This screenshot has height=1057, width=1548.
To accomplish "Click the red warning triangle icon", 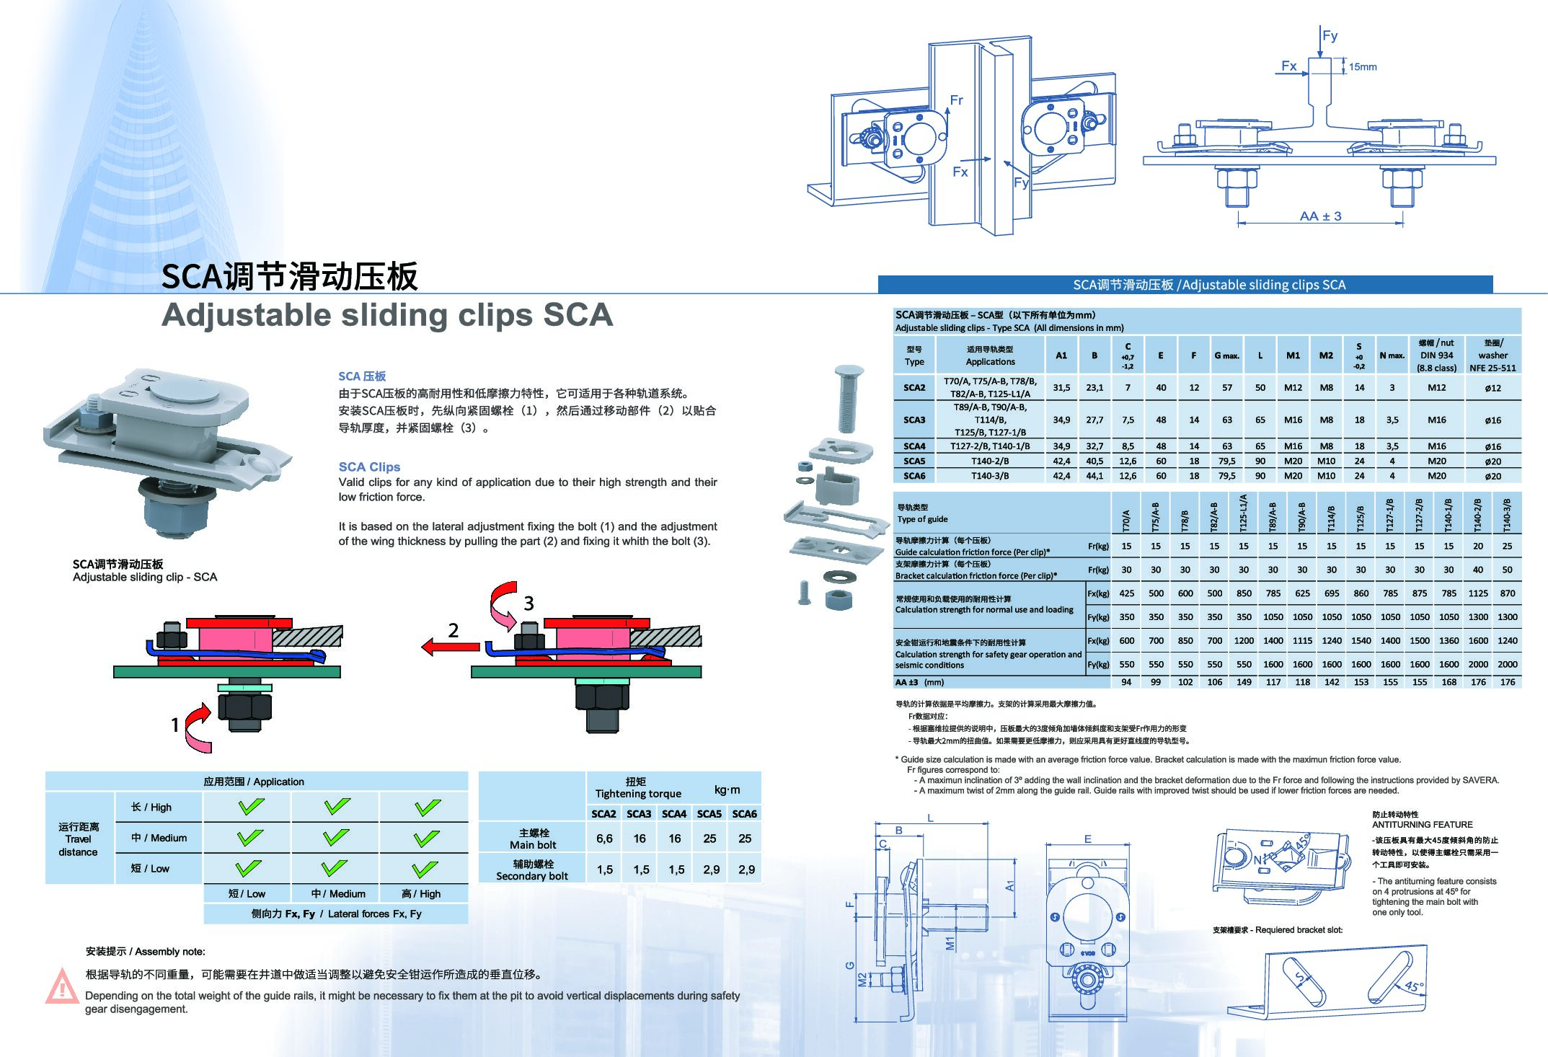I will [x=62, y=986].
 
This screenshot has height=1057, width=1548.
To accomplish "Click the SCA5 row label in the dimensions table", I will [x=914, y=461].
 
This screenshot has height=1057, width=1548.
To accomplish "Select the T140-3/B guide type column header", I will [x=1507, y=515].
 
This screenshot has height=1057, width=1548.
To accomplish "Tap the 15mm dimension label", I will [x=1363, y=67].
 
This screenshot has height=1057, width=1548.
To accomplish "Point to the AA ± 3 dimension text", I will [x=1320, y=216].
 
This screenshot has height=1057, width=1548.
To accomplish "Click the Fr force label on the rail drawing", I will [x=956, y=100].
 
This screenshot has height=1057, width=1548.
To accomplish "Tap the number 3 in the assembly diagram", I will [x=528, y=603].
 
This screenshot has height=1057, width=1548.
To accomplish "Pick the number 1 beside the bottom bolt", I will [x=174, y=725].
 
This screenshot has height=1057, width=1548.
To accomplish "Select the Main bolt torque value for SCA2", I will [x=604, y=839].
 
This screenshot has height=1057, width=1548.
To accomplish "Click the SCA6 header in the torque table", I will [x=744, y=813].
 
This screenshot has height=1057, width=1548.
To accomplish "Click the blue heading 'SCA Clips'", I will [x=369, y=466].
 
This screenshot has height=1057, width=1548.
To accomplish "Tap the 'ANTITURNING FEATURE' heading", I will [x=1422, y=824].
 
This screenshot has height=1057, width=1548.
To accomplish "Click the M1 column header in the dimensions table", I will [x=1293, y=355].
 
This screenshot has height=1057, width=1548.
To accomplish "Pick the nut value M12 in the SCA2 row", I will [x=1436, y=387].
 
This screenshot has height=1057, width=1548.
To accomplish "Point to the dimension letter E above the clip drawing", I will [x=1087, y=839].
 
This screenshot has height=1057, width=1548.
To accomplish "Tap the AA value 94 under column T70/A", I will [x=1126, y=682].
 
